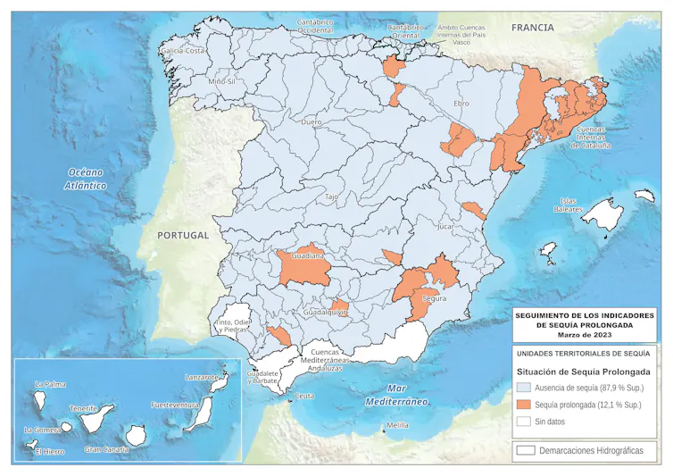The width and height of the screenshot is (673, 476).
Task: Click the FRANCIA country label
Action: click(x=532, y=28)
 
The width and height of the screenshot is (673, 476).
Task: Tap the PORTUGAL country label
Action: click(x=182, y=236)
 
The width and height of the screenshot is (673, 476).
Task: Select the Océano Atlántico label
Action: click(x=86, y=179)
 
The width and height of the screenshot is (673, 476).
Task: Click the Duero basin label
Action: click(x=312, y=121)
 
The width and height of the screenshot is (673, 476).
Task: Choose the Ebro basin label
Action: click(x=461, y=104)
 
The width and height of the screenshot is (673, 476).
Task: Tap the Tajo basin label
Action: click(x=331, y=196)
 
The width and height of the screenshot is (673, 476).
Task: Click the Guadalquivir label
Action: click(x=325, y=313)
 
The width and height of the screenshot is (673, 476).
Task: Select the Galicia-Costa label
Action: click(x=183, y=51)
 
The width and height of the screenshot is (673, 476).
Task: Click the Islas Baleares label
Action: click(x=568, y=205)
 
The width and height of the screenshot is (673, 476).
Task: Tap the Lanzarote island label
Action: click(x=202, y=378)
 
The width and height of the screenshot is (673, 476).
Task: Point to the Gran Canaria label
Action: click(x=106, y=449)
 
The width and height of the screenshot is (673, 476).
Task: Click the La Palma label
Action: click(x=50, y=385)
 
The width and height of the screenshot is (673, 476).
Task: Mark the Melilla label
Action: click(x=397, y=425)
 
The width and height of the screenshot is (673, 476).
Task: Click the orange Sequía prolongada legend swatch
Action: click(x=524, y=405)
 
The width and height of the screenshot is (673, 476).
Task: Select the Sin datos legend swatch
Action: click(x=524, y=421)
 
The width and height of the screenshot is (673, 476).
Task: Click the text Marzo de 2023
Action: click(x=584, y=335)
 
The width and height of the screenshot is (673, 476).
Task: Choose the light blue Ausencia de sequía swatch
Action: click(x=524, y=388)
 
